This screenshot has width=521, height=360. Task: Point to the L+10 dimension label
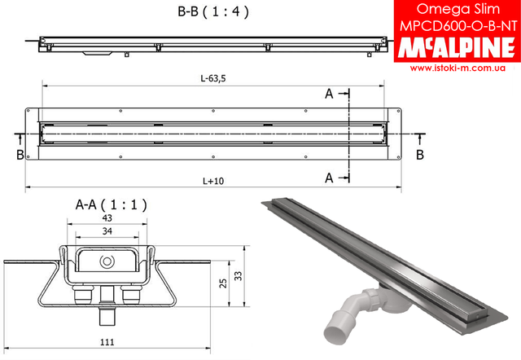[213, 181]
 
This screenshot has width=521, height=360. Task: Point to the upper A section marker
[329, 94]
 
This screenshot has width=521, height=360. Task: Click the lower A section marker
[329, 176]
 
